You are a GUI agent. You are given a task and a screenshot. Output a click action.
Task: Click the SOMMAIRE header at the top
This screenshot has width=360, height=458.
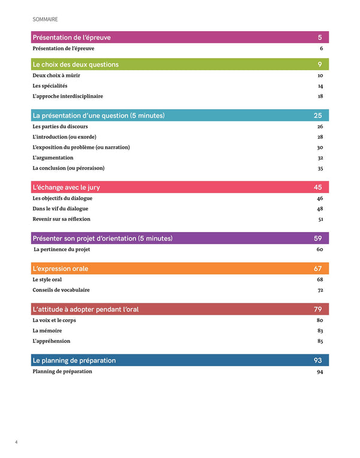[x=46, y=19]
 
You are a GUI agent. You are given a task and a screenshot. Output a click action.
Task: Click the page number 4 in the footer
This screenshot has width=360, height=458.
[x=16, y=442]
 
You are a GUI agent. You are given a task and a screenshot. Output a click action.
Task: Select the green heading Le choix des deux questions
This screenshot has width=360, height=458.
[x=76, y=64]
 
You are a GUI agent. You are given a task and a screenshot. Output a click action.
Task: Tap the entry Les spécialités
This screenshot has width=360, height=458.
[x=50, y=86]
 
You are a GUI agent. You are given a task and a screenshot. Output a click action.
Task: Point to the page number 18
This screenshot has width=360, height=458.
[x=320, y=96]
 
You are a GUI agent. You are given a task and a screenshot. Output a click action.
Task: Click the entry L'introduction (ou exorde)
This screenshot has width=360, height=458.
[x=65, y=137]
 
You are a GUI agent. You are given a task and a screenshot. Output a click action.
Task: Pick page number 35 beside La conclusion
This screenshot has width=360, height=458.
[x=320, y=168]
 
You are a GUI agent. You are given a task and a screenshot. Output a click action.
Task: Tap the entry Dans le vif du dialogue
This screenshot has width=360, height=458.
[x=61, y=209]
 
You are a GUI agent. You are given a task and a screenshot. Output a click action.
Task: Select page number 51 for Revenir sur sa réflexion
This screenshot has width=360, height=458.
[x=320, y=219]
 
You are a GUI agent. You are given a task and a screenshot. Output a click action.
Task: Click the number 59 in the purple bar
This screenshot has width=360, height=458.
[x=319, y=239]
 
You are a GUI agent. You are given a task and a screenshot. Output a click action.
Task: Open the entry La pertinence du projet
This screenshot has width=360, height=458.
[x=62, y=249]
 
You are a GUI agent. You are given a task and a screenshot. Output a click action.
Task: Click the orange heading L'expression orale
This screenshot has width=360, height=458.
[x=61, y=269]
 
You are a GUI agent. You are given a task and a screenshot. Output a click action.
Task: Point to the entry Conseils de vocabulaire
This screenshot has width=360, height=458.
[x=61, y=290]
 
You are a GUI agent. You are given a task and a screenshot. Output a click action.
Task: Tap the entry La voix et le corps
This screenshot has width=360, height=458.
[x=56, y=320]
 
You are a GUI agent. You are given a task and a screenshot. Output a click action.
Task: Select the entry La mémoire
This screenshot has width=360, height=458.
[x=47, y=330]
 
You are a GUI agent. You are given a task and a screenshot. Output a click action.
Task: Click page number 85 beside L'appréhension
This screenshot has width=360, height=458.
[x=320, y=341]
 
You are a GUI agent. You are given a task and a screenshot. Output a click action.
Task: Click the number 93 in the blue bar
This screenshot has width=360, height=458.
[x=318, y=360]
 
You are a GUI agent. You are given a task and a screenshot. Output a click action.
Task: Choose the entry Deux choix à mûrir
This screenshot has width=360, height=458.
[x=58, y=76]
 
